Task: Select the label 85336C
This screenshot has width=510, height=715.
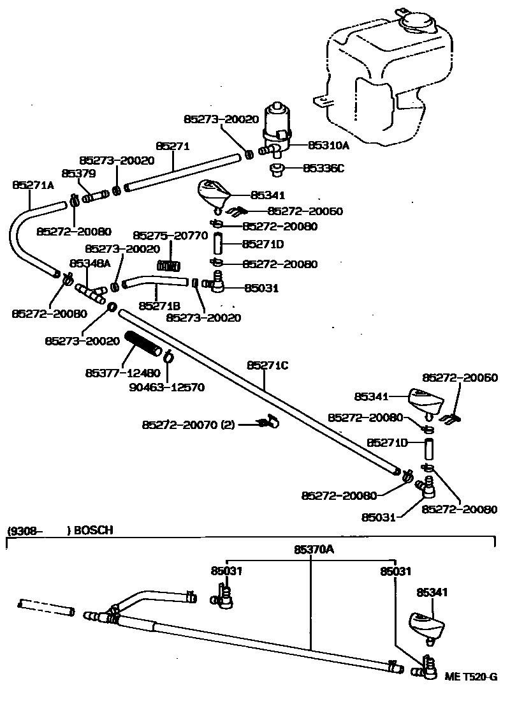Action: click(323, 169)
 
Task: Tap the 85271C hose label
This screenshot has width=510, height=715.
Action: click(268, 365)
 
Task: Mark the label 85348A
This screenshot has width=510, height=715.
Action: click(90, 262)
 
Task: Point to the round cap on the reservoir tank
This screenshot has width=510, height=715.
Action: click(415, 24)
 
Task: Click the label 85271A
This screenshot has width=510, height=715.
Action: click(33, 184)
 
